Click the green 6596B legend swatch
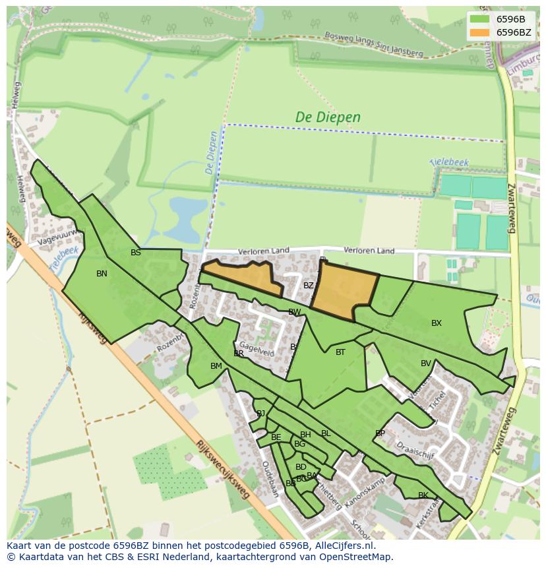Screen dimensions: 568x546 tap(480, 19)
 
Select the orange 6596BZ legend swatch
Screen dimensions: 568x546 tap(480, 32)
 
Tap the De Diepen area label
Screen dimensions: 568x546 tap(328, 117)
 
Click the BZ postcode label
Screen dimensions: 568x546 tap(309, 286)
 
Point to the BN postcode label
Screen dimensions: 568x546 tap(102, 274)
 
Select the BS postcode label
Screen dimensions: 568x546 tap(136, 253)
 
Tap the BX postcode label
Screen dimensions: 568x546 tap(437, 323)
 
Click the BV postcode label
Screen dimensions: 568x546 tap(426, 363)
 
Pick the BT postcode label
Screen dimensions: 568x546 tap(340, 352)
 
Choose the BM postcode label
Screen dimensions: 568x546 tap(216, 366)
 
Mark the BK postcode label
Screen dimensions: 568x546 tap(423, 495)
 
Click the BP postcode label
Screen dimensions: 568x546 tap(380, 433)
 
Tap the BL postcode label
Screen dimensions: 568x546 tap(326, 433)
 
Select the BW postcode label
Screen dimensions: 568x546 tap(294, 312)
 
